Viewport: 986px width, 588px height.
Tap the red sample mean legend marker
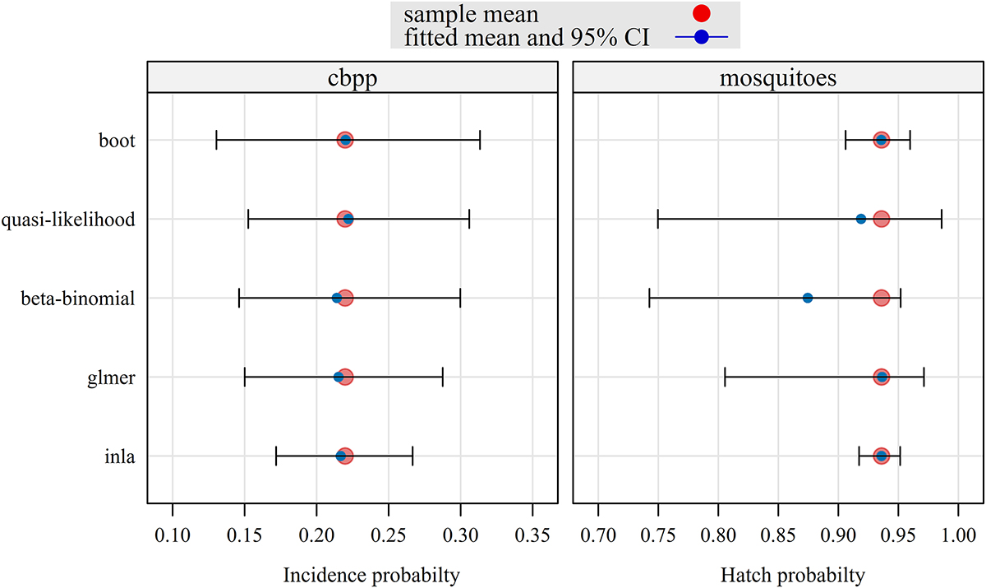coord(701,13)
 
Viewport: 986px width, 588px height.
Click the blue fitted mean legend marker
coord(701,37)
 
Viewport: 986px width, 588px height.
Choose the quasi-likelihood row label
coord(69,220)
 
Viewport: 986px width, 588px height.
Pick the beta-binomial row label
coord(78,299)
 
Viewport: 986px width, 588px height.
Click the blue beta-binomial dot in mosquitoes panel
coord(808,298)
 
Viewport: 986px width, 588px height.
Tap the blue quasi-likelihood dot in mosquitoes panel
coord(861,219)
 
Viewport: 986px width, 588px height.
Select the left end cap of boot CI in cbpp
coord(216,140)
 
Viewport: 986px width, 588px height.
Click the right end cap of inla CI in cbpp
coord(412,456)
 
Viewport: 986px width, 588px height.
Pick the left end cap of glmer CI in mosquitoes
coord(725,377)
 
